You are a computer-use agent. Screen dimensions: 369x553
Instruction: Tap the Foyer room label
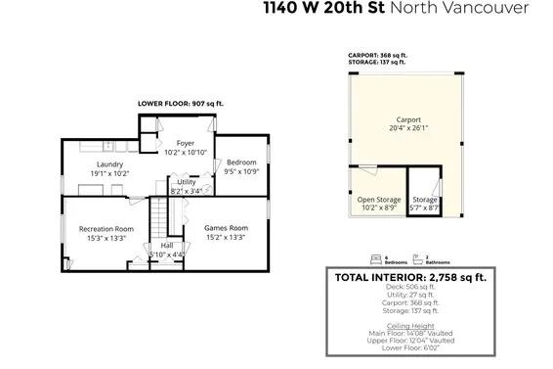184,144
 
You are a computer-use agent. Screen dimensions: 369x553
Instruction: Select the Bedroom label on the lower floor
240,162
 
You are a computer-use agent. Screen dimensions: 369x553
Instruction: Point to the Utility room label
186,182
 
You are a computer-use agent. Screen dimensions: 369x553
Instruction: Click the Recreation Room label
106,228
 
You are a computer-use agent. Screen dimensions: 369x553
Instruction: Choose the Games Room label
226,228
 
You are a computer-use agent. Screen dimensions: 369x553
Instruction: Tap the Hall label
166,246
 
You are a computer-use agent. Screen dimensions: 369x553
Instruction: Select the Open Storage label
373,200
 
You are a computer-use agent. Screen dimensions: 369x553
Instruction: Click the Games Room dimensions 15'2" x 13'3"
226,237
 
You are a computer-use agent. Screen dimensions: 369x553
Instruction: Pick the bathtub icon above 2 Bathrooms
418,258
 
